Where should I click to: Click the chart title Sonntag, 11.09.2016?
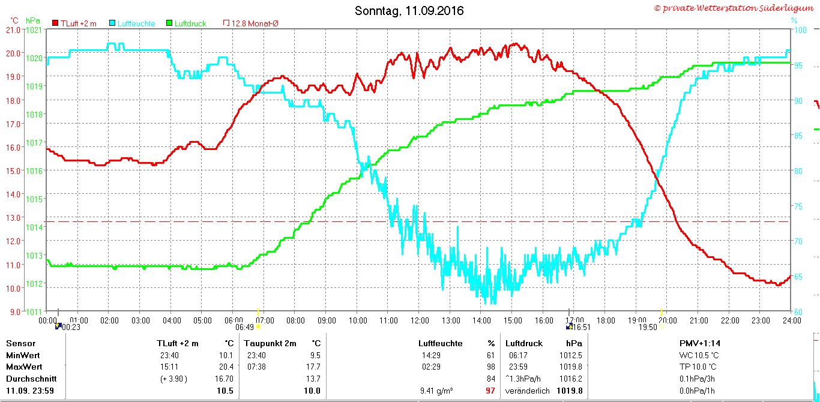coord(409,11)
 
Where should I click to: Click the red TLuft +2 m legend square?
coord(55,23)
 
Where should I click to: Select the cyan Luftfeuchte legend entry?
coord(132,23)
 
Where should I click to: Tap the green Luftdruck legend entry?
coord(186,23)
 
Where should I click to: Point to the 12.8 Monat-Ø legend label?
coord(255,23)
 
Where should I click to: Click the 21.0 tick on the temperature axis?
coord(13,30)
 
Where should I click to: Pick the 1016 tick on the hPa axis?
coord(34,171)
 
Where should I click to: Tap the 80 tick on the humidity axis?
coord(798,171)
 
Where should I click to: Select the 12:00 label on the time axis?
coord(420,321)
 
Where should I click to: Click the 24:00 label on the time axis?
coord(792,321)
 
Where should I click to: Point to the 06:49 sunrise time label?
coord(244,327)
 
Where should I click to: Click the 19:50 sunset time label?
coord(648,327)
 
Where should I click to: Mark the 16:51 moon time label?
coord(582,327)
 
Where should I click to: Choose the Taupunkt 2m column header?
coord(270,343)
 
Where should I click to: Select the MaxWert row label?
coord(24,367)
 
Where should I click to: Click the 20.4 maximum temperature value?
coord(226,367)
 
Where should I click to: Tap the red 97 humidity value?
coord(490,391)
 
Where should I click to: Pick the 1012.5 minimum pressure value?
coord(571,355)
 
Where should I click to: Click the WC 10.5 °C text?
coord(699,355)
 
